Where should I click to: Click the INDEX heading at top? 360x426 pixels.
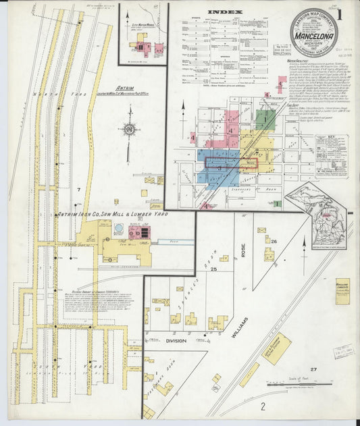click(223, 11)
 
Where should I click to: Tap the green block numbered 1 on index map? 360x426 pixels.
click(265, 120)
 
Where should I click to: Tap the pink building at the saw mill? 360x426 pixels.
click(140, 233)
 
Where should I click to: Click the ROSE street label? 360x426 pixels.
click(243, 250)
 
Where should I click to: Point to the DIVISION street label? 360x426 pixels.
click(176, 341)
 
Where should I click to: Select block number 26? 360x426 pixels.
click(275, 240)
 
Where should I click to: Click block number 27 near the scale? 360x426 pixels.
click(313, 370)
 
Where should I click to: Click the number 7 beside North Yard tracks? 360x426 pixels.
click(79, 194)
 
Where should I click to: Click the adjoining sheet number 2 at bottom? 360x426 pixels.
click(262, 406)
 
